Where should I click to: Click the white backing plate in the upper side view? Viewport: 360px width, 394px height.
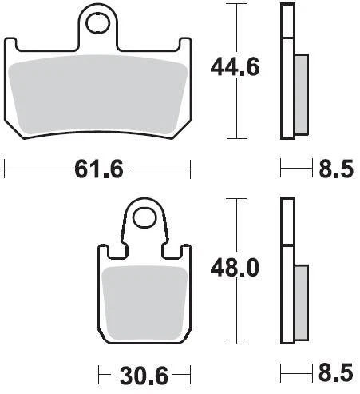pyautogui.click(x=286, y=72)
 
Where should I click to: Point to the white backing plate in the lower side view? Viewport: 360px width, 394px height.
pyautogui.click(x=286, y=272)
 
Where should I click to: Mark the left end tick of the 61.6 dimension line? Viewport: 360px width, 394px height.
pyautogui.click(x=6, y=168)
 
